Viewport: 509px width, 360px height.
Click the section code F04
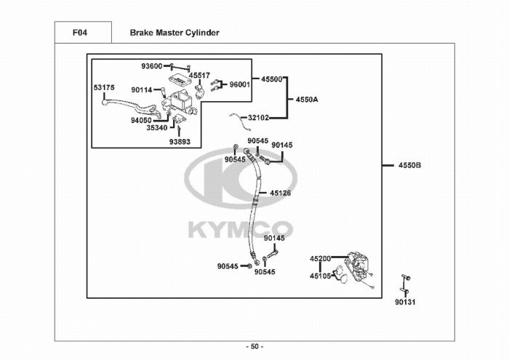tap(81, 33)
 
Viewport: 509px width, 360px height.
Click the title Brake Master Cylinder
tap(174, 33)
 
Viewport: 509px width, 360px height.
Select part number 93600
tap(152, 66)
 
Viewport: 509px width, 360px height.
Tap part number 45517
tap(199, 75)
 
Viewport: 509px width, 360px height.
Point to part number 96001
tap(240, 84)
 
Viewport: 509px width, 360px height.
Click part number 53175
tap(104, 88)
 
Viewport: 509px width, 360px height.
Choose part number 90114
tap(142, 90)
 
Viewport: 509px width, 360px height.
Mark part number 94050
tap(141, 120)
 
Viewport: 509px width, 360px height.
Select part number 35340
tap(156, 128)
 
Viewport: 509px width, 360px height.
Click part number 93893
tap(180, 142)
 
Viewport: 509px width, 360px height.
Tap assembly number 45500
tap(271, 79)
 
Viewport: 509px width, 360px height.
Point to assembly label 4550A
tap(307, 99)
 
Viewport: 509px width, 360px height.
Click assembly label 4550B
tap(409, 165)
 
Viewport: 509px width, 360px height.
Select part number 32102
tap(259, 117)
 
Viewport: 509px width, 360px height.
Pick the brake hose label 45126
tap(280, 193)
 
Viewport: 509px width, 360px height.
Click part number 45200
tap(320, 258)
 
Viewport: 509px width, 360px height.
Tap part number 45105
tap(320, 276)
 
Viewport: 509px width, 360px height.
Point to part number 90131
tap(405, 302)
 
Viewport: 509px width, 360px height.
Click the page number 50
tap(254, 345)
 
